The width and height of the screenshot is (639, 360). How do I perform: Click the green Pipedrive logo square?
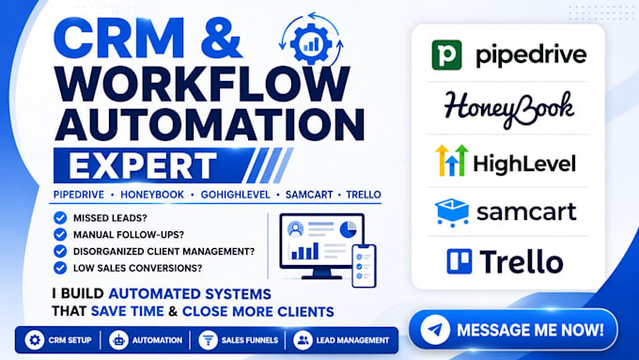(x=446, y=55)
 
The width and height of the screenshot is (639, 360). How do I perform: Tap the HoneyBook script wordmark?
(x=509, y=109)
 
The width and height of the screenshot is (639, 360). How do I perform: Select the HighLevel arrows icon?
(x=452, y=160)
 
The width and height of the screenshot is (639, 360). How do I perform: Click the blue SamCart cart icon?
(x=452, y=212)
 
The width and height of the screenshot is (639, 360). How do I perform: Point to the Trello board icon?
(x=460, y=261)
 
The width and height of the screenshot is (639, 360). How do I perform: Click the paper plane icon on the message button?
(x=435, y=329)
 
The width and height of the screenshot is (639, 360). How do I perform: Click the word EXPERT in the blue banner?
(x=142, y=165)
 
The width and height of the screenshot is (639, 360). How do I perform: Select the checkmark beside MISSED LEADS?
(x=60, y=218)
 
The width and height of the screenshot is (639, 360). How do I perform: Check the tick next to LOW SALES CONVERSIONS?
(x=60, y=268)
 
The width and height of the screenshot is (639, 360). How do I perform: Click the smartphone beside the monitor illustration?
(x=364, y=265)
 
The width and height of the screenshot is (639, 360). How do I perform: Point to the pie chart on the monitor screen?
(x=348, y=229)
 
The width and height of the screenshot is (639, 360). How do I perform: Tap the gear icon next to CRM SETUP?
(x=35, y=339)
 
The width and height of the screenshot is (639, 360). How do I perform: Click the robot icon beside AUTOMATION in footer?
(x=118, y=339)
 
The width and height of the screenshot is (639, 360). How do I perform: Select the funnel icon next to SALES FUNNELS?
(x=208, y=339)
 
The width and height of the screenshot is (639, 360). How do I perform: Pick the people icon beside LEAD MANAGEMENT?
(x=303, y=339)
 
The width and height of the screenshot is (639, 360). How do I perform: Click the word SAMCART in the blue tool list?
(x=309, y=195)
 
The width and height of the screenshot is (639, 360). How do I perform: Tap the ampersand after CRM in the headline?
(x=222, y=39)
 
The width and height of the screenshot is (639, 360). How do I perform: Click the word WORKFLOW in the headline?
(x=202, y=84)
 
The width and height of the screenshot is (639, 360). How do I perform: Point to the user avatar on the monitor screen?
(x=295, y=229)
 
